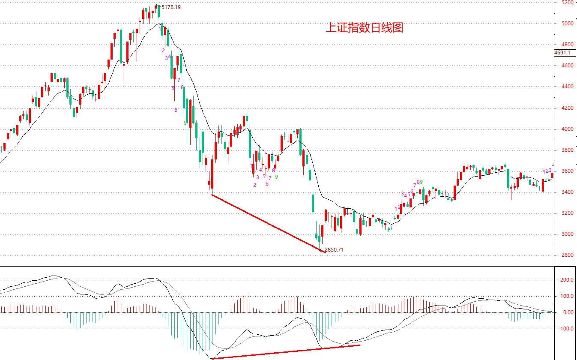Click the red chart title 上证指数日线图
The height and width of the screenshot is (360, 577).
(x=364, y=28)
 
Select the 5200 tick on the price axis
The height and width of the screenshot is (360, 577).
(x=567, y=3)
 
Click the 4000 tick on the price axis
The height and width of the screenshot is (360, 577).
(x=567, y=129)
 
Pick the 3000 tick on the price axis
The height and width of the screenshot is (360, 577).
(x=567, y=234)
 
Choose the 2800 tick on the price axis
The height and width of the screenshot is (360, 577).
(x=567, y=255)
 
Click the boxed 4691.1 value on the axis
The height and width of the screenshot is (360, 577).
(x=562, y=53)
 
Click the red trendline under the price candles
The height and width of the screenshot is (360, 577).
(x=269, y=224)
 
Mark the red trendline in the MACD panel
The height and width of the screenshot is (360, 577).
(x=286, y=352)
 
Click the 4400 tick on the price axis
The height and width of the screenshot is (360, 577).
(x=567, y=87)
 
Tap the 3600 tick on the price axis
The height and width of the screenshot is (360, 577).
(x=567, y=171)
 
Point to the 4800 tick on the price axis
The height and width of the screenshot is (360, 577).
(x=567, y=45)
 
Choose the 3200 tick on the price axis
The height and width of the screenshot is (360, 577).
(x=567, y=213)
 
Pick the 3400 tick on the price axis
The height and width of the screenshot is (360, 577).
(x=567, y=192)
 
